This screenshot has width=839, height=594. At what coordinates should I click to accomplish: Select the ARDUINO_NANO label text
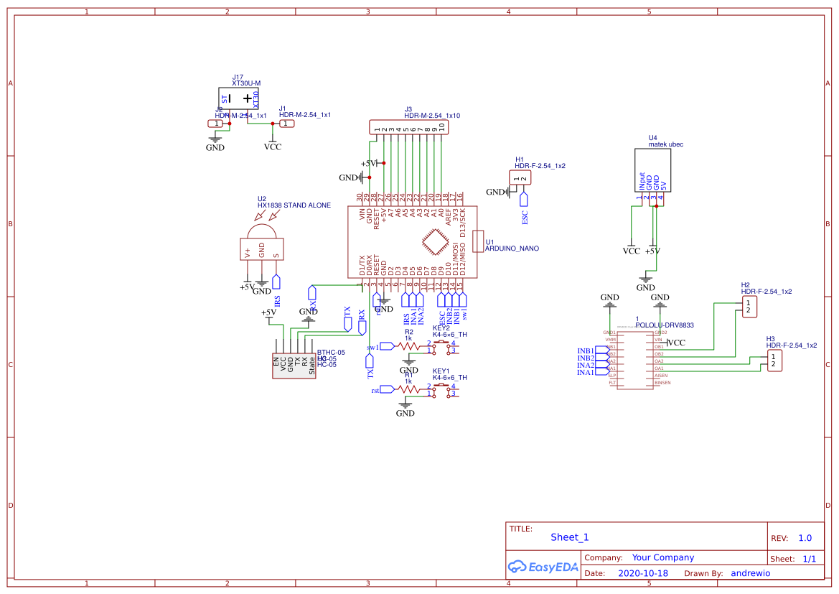[x=512, y=249]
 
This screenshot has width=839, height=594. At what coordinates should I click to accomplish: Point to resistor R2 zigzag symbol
[x=409, y=345]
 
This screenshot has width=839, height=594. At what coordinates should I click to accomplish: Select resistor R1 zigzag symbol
[x=409, y=389]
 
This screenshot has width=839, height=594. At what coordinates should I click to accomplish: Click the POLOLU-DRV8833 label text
[x=665, y=325]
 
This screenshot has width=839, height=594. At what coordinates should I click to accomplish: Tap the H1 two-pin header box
[x=520, y=178]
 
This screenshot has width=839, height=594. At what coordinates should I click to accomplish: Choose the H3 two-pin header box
[x=773, y=361]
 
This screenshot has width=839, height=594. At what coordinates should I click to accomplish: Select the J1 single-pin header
[x=286, y=124]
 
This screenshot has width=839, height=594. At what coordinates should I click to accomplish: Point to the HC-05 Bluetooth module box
[x=294, y=366]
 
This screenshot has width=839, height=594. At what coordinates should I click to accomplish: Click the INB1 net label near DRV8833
[x=586, y=351]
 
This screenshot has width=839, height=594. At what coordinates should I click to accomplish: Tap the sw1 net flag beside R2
[x=387, y=346]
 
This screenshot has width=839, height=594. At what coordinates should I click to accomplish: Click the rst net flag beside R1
[x=388, y=390]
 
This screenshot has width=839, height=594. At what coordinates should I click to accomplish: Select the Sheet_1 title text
[x=569, y=537]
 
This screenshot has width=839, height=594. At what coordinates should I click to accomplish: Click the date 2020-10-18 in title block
[x=642, y=573]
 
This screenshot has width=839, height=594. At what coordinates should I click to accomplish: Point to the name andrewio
[x=750, y=573]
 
